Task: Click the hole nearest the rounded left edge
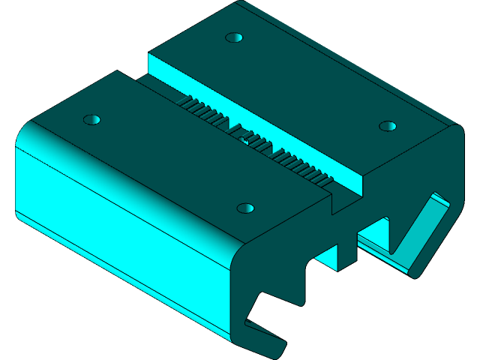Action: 91,119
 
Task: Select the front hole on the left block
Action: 244,208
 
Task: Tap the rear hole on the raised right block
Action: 235,37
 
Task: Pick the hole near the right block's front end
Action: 387,125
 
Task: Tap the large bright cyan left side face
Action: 112,217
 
